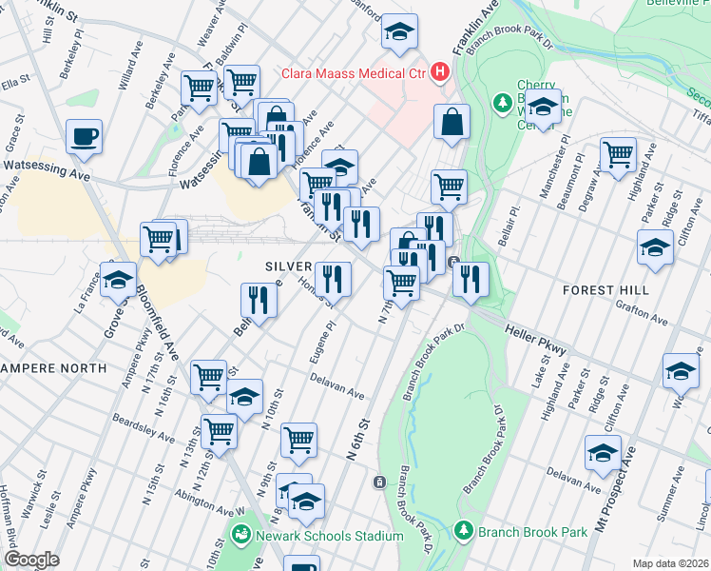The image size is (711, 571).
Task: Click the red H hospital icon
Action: pos(439,70)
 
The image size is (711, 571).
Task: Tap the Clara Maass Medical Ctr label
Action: pos(354,71)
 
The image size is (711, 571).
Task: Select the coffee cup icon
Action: pos(84,136)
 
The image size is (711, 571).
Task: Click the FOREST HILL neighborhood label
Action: pos(605,289)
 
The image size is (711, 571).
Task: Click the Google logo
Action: pos(31,560)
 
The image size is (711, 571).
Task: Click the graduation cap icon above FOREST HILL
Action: pos(655,246)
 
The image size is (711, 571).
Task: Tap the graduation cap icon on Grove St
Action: pos(118,280)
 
